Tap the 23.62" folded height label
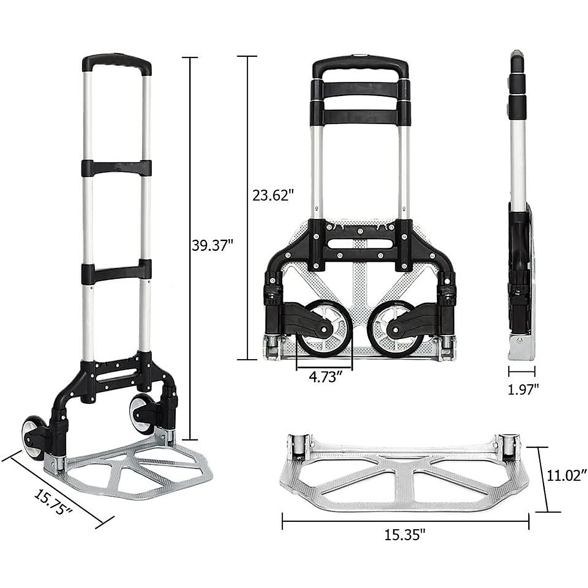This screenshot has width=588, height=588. [273, 195]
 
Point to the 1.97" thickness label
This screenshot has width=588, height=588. [523, 389]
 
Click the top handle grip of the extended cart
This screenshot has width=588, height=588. [117, 64]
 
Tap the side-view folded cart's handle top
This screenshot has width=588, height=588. [517, 61]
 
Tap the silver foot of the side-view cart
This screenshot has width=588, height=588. [521, 348]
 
